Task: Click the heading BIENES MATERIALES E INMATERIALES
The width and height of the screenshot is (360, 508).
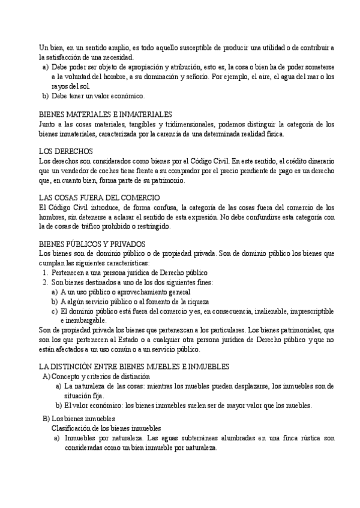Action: point(105,114)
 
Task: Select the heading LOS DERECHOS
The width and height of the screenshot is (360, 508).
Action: point(65,152)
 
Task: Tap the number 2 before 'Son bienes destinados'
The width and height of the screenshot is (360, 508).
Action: point(45,282)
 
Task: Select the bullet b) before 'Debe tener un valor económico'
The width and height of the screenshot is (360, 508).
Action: point(45,96)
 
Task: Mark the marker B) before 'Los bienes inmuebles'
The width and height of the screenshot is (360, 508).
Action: point(46,418)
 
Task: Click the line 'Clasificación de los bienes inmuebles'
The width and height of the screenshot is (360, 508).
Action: point(106,428)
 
